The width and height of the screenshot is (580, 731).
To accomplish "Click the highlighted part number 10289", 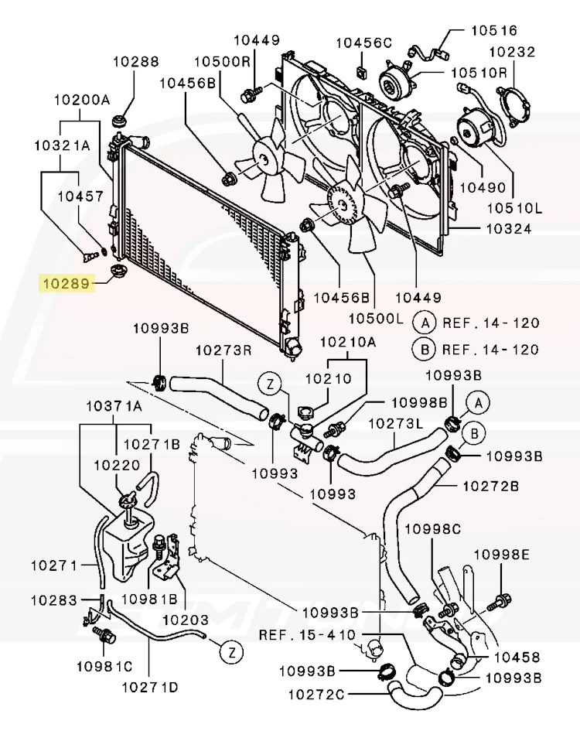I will [66, 284].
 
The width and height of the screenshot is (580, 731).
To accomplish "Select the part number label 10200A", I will [81, 100].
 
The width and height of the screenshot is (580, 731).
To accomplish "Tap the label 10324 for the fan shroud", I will [508, 229].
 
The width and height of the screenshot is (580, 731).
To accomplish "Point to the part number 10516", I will [494, 31].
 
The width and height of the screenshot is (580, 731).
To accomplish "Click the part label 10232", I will [510, 53].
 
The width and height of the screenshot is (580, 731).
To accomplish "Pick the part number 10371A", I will [114, 405].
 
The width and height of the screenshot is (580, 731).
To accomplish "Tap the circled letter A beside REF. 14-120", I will [424, 323].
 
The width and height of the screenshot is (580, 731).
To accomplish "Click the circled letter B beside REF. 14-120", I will [424, 350].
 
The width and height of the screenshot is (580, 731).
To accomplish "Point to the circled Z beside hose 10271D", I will [230, 652].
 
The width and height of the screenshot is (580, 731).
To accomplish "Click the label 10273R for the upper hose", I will [223, 350].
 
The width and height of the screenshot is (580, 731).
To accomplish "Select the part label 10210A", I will [347, 341].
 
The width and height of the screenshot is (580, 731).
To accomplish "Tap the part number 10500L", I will [376, 318].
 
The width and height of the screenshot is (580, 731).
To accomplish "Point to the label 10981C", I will [104, 665].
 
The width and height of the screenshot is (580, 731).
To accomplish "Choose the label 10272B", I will [490, 486].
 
